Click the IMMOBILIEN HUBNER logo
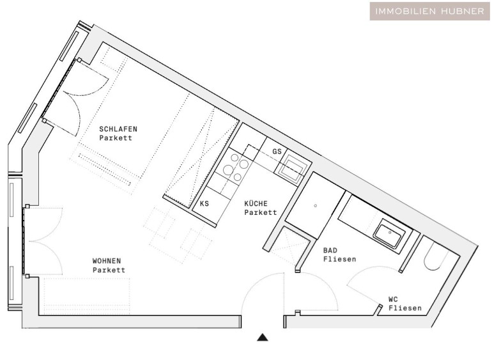(429, 12)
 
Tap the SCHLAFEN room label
(118, 129)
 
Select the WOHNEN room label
(107, 261)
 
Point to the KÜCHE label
(256, 203)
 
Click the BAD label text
(330, 251)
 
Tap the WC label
(393, 299)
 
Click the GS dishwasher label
(277, 152)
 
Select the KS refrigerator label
(204, 203)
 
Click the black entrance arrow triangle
(263, 338)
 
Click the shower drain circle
(316, 206)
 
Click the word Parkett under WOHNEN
(109, 270)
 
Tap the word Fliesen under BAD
(340, 259)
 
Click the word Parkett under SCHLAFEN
(116, 138)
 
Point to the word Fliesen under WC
(405, 308)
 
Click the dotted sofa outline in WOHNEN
(87, 296)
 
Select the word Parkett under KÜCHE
(261, 212)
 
